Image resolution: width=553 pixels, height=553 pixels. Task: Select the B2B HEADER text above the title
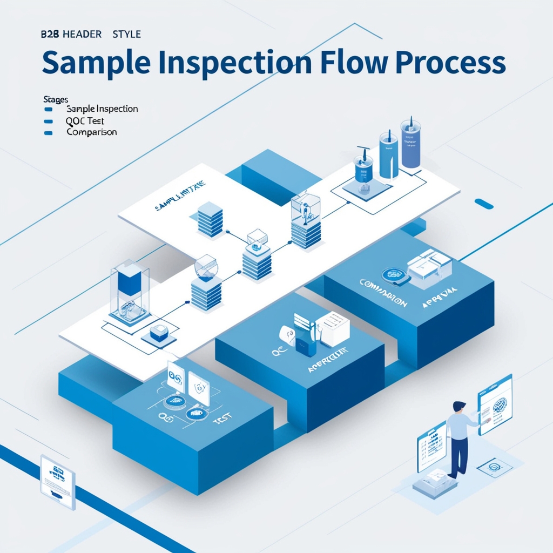point(71,34)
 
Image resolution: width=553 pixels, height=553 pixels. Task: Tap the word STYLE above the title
point(126,34)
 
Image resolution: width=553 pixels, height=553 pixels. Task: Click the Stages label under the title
point(55,99)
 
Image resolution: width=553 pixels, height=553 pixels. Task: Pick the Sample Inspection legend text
point(102,109)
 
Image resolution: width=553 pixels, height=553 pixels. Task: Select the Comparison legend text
point(91,132)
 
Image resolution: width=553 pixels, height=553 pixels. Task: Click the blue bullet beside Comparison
point(49,132)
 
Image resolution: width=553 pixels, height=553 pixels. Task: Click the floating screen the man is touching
point(495,404)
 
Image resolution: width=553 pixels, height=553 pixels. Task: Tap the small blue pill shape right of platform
point(483,204)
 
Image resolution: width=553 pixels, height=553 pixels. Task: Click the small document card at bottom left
point(57,481)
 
